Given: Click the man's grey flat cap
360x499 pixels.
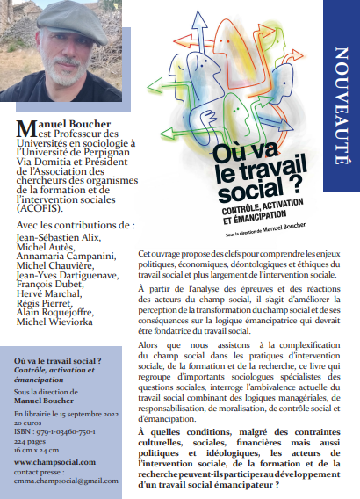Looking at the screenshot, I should [64, 20].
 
